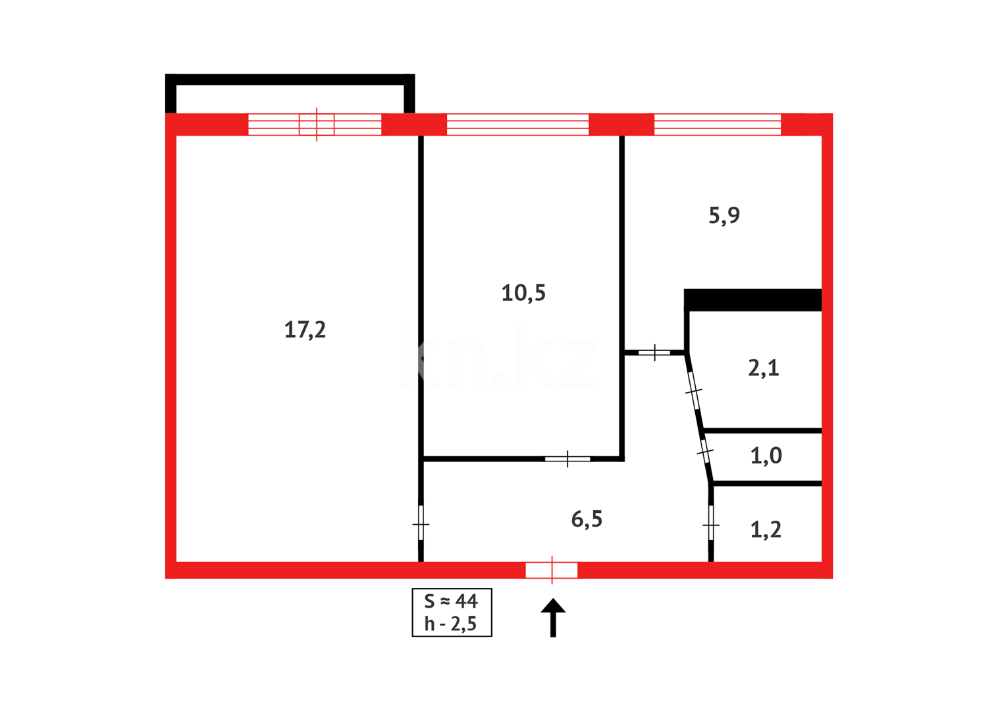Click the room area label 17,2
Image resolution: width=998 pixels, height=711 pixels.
pyautogui.click(x=305, y=329)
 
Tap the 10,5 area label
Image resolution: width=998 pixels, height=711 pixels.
pyautogui.click(x=523, y=293)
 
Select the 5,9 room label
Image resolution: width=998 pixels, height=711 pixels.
pyautogui.click(x=724, y=215)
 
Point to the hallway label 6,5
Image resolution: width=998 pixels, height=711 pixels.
pyautogui.click(x=587, y=519)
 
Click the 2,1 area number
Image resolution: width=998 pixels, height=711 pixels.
pyautogui.click(x=764, y=367)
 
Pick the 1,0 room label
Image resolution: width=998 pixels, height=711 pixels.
pyautogui.click(x=766, y=456)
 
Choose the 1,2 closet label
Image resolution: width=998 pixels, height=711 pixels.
pyautogui.click(x=766, y=529)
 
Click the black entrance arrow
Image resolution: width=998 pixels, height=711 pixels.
pyautogui.click(x=553, y=617)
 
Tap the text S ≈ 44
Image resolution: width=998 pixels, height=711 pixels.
pyautogui.click(x=451, y=601)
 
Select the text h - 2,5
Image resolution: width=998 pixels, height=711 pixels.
pyautogui.click(x=451, y=624)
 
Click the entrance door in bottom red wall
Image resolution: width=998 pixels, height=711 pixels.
pyautogui.click(x=552, y=570)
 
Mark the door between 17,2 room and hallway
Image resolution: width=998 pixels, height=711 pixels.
pyautogui.click(x=421, y=524)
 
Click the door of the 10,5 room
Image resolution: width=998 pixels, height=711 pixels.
pyautogui.click(x=567, y=458)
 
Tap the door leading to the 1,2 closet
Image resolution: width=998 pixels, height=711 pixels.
pyautogui.click(x=711, y=525)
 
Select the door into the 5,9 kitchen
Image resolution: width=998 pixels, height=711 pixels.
pyautogui.click(x=654, y=353)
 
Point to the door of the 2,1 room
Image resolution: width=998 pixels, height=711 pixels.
pyautogui.click(x=694, y=392)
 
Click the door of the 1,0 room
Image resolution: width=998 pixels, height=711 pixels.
pyautogui.click(x=705, y=452)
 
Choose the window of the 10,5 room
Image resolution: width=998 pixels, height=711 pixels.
pyautogui.click(x=517, y=124)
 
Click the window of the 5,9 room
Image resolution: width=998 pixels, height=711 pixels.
pyautogui.click(x=718, y=124)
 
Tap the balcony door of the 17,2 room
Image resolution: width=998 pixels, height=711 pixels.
pyautogui.click(x=317, y=124)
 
